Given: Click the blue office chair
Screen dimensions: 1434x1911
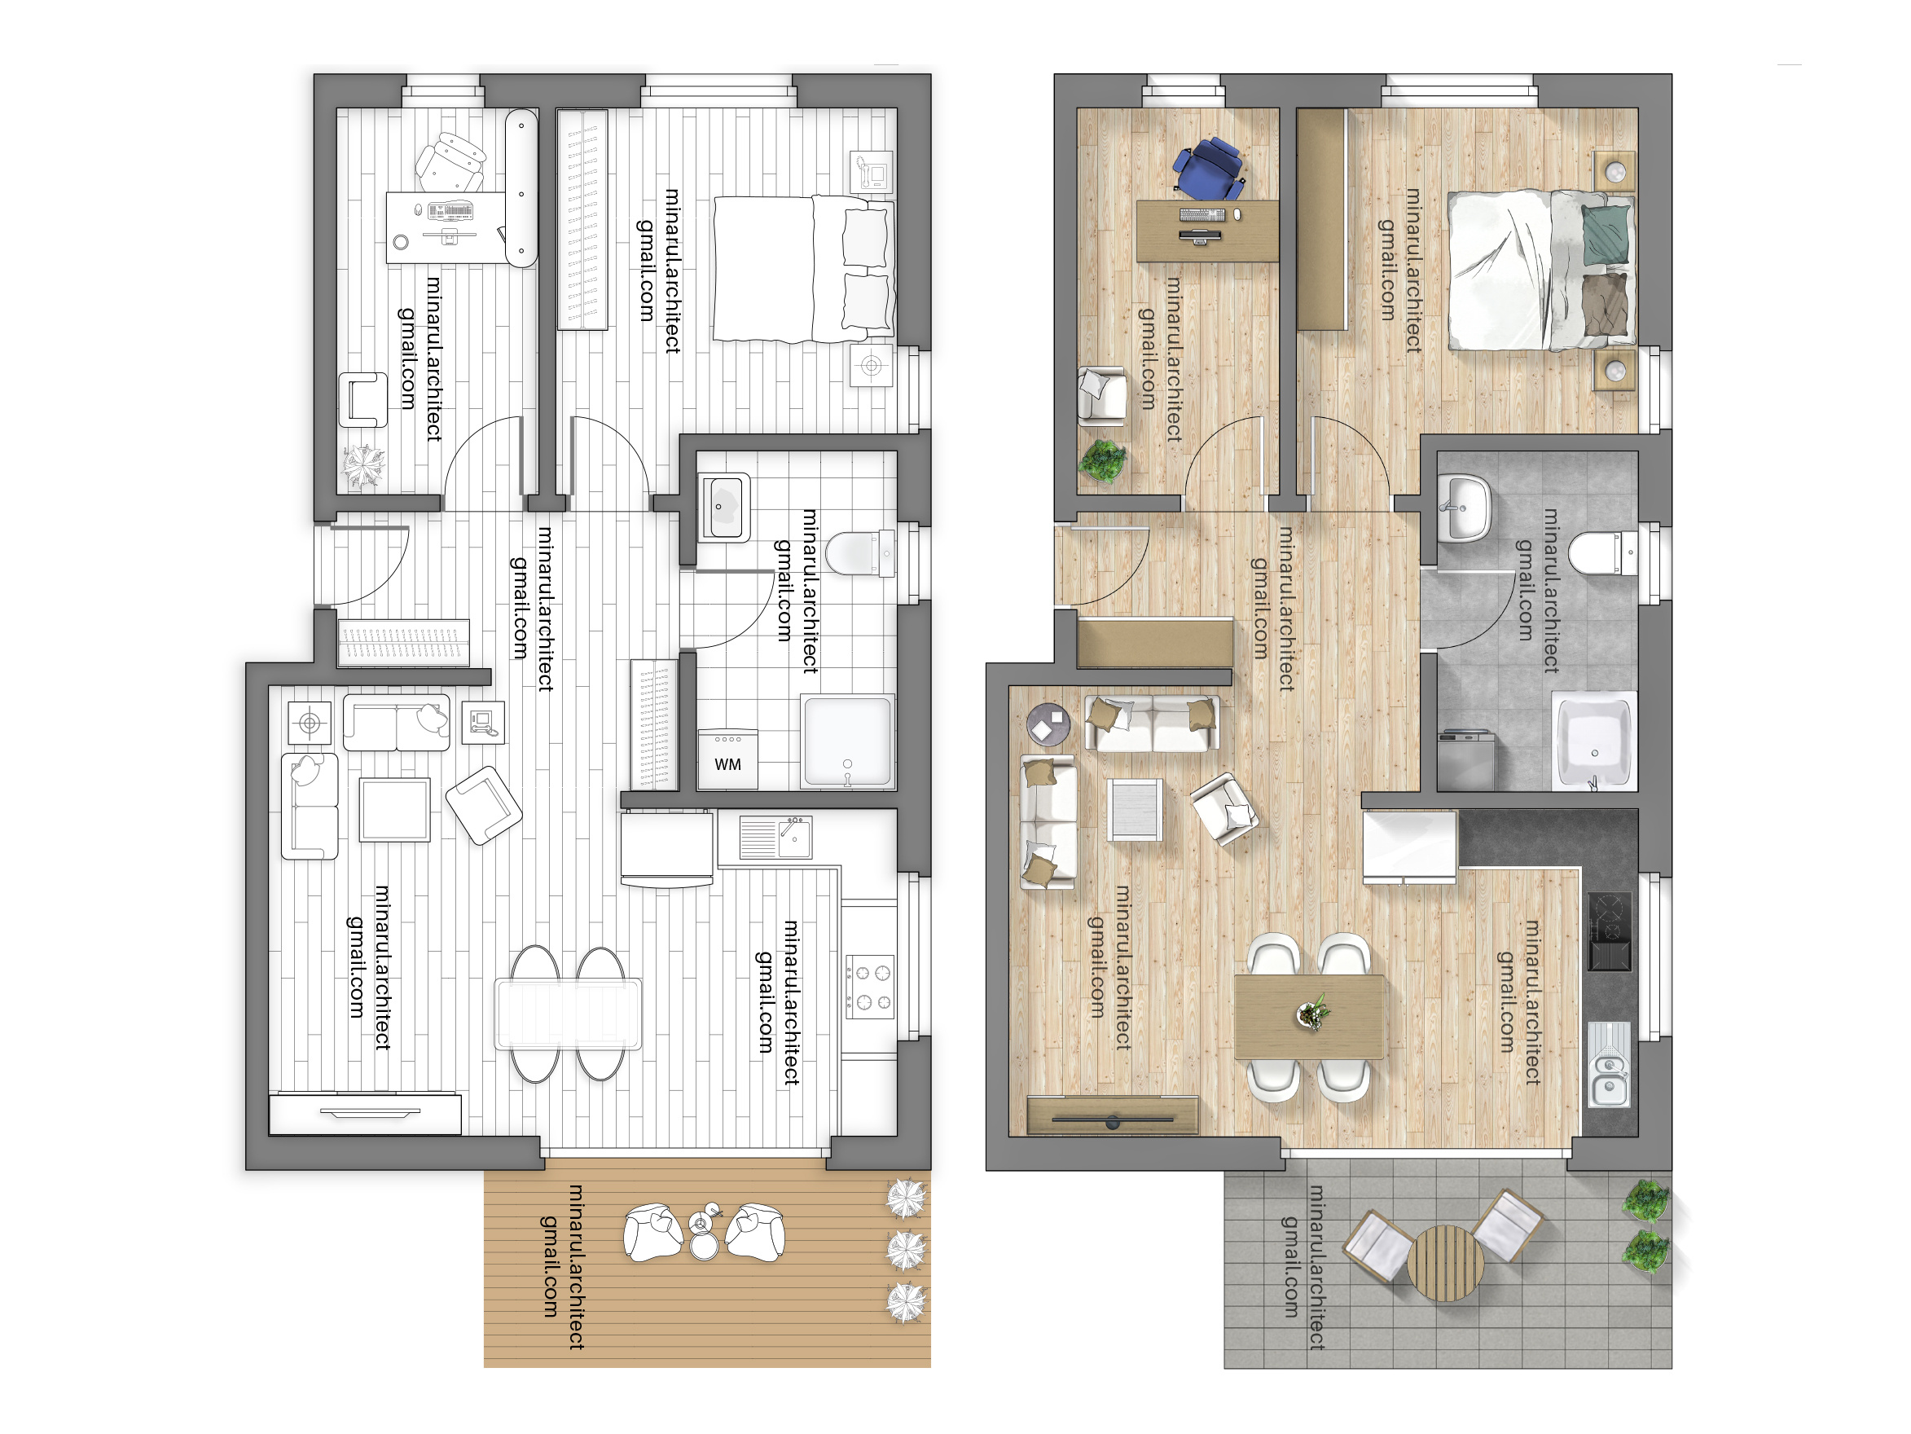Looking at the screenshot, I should pyautogui.click(x=1209, y=167).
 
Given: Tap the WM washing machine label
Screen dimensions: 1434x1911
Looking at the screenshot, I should pyautogui.click(x=727, y=764).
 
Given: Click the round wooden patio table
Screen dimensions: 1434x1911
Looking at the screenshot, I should pyautogui.click(x=1445, y=1263).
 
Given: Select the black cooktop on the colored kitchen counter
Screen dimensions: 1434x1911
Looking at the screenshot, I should pyautogui.click(x=1610, y=931).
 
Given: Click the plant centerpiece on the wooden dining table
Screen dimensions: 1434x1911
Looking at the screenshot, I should pyautogui.click(x=1312, y=1012).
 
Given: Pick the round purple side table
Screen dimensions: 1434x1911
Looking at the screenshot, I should pyautogui.click(x=1048, y=724).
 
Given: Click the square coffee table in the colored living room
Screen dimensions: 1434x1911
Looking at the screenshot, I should pyautogui.click(x=1135, y=809).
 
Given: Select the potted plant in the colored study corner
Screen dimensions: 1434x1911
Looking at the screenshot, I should pyautogui.click(x=1102, y=459).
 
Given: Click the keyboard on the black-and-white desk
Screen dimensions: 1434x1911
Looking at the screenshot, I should pyautogui.click(x=450, y=210).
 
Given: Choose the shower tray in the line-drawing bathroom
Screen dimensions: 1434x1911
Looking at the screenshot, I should pyautogui.click(x=847, y=742).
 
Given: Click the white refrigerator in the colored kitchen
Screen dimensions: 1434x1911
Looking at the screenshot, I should pyautogui.click(x=1409, y=847).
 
